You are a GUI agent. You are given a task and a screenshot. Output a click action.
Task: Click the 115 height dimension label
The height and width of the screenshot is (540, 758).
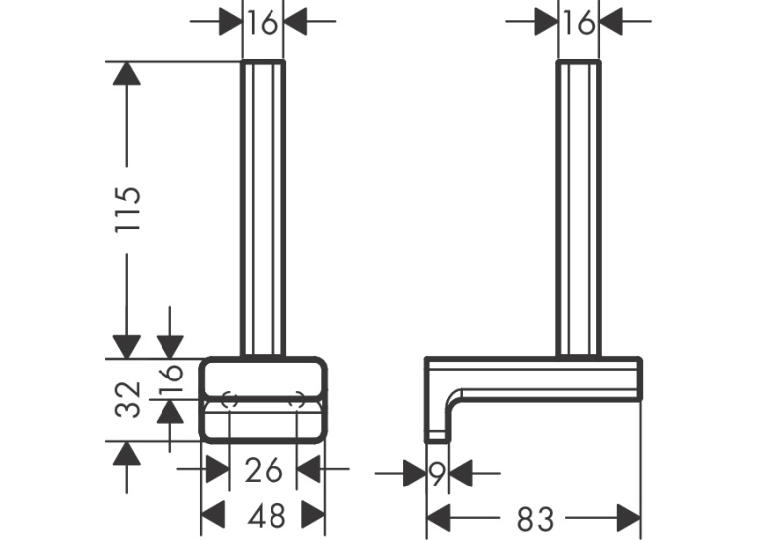pyautogui.click(x=128, y=208)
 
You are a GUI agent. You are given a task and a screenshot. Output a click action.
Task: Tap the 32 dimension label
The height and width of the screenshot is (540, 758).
pyautogui.click(x=128, y=399)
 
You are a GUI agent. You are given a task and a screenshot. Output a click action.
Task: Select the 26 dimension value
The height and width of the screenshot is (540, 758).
pyautogui.click(x=263, y=470)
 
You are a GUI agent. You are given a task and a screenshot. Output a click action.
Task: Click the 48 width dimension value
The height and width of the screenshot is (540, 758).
pyautogui.click(x=266, y=516)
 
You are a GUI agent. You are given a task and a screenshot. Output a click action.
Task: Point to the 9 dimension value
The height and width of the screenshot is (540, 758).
pyautogui.click(x=437, y=474)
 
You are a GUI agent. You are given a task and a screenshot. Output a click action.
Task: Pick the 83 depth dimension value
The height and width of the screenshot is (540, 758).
pyautogui.click(x=535, y=520)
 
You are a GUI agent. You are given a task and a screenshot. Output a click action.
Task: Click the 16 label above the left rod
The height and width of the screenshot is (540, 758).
pyautogui.click(x=263, y=22)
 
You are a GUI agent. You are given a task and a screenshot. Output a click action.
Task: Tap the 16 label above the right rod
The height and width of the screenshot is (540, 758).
pyautogui.click(x=579, y=22)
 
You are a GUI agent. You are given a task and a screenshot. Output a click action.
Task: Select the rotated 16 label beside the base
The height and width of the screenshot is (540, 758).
pyautogui.click(x=171, y=378)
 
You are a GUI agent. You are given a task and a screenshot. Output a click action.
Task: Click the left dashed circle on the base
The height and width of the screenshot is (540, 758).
pyautogui.click(x=229, y=400)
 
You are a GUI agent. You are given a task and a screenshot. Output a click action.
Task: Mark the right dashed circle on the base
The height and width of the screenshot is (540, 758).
pyautogui.click(x=297, y=400)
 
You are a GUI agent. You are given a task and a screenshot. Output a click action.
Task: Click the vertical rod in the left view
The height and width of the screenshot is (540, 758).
pyautogui.click(x=263, y=209)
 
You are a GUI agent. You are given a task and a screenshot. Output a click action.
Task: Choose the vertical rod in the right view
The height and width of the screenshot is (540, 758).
pyautogui.click(x=579, y=209)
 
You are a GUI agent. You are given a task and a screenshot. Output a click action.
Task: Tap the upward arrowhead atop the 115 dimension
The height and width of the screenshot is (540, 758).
pyautogui.click(x=127, y=74)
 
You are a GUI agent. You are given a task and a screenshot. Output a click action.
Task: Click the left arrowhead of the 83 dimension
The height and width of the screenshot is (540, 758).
pyautogui.click(x=439, y=519)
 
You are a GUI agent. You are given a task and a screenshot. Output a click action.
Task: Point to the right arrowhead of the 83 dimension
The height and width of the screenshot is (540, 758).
pyautogui.click(x=628, y=519)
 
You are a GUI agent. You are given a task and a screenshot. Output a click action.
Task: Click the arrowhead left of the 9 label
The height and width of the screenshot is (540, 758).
pyautogui.click(x=414, y=473)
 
